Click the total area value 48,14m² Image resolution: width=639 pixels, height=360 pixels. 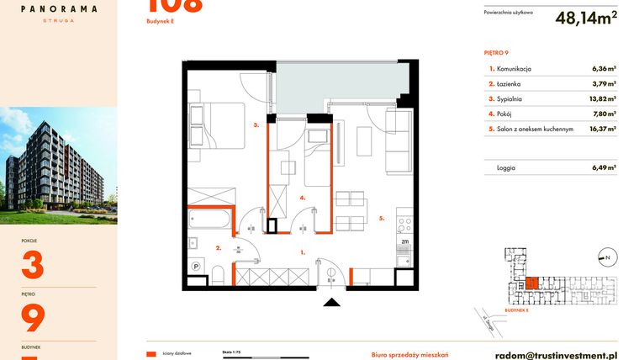(586, 17)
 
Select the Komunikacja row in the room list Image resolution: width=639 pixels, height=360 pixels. (552, 69)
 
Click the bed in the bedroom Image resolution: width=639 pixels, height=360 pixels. (216, 125)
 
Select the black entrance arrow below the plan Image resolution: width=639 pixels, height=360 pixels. (333, 304)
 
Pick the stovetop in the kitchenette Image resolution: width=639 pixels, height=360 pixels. (404, 225)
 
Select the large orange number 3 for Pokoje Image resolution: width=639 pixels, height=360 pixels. (31, 266)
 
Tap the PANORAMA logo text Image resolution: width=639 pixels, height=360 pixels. (58, 9)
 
